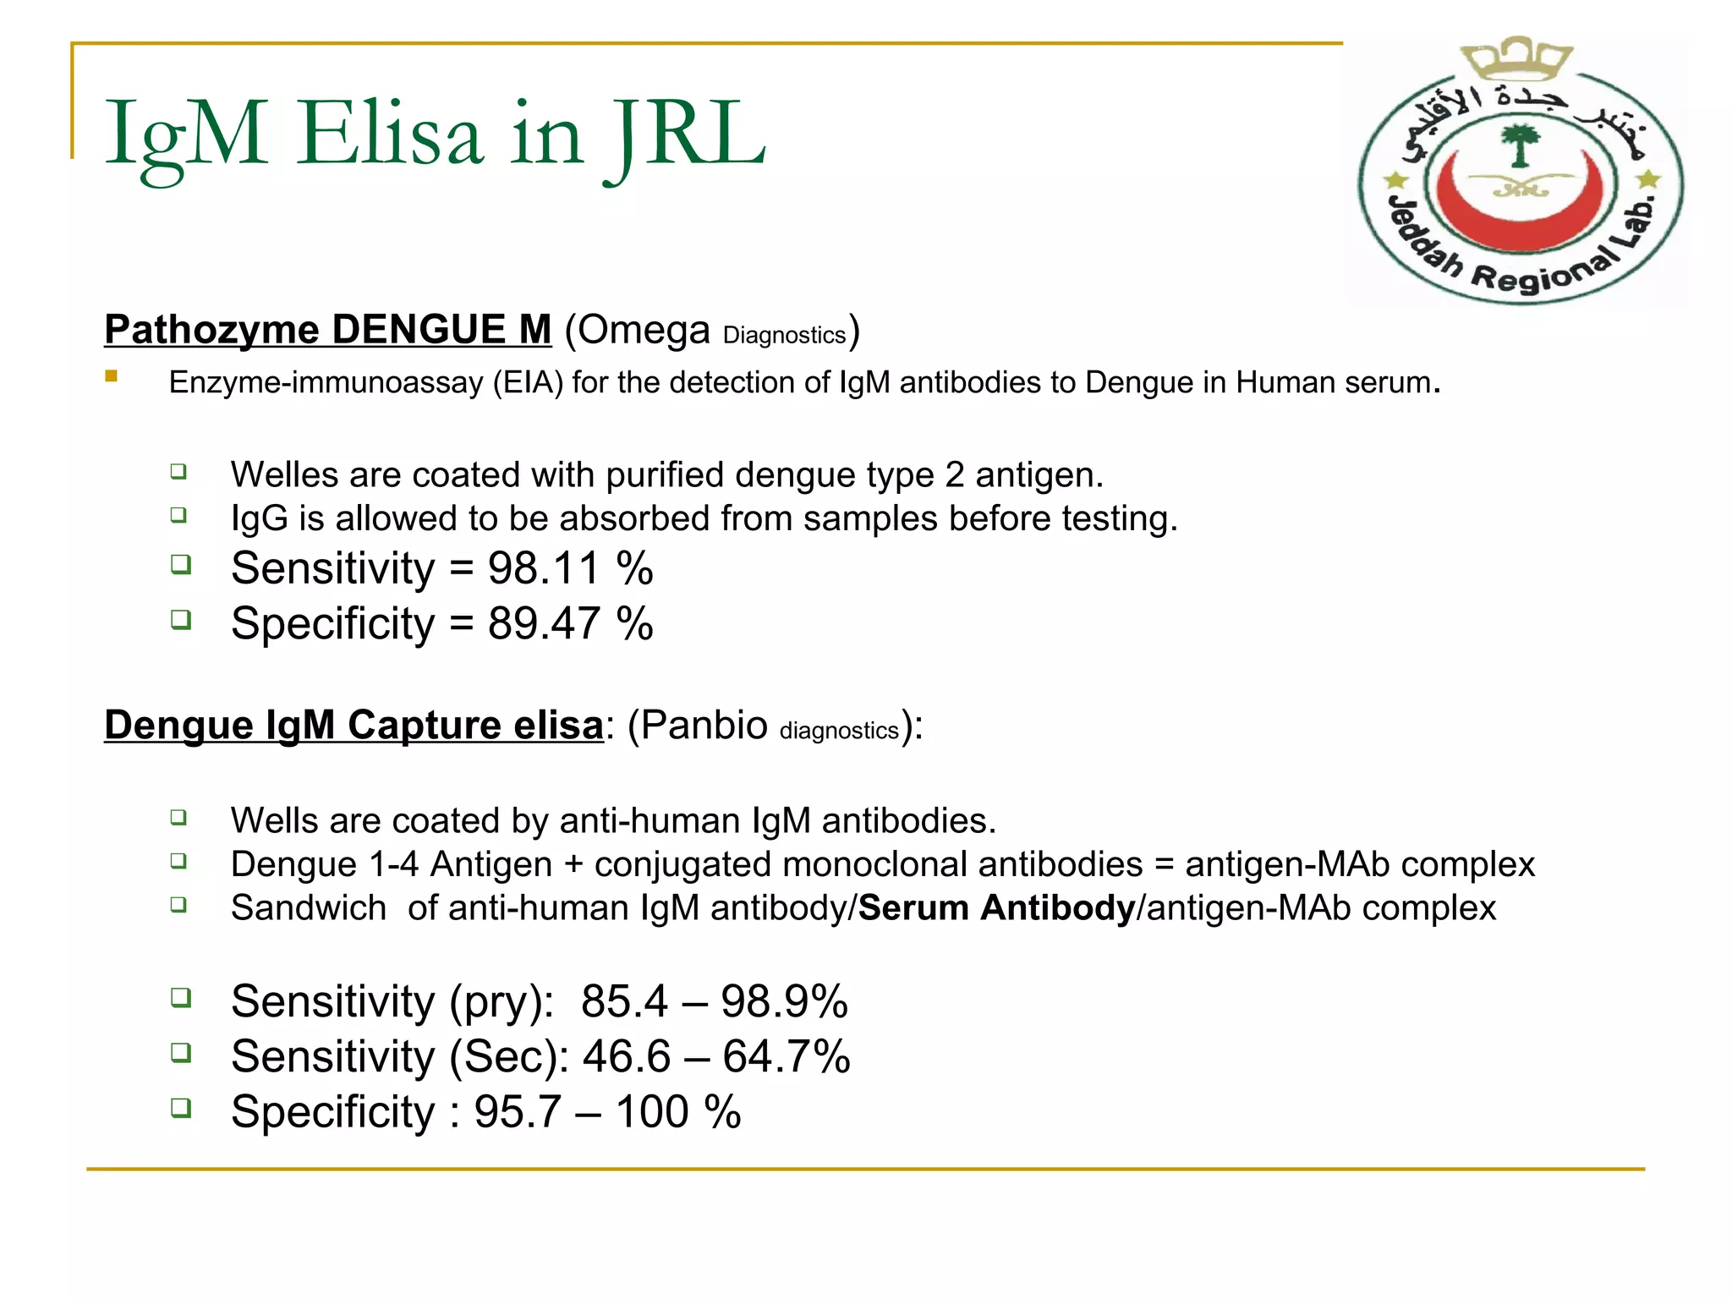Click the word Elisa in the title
(x=390, y=134)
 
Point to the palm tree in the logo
(x=1520, y=145)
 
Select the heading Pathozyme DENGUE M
(x=327, y=330)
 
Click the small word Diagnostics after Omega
(x=784, y=336)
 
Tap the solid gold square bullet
(x=111, y=376)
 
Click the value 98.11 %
(x=570, y=567)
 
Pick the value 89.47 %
(x=570, y=623)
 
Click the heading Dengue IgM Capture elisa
(x=354, y=725)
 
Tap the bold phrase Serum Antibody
(x=996, y=907)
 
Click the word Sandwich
(x=309, y=907)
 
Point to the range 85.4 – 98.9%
(x=714, y=1001)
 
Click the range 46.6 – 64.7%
(x=715, y=1056)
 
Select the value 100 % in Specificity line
(x=677, y=1111)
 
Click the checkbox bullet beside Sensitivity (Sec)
(x=180, y=1053)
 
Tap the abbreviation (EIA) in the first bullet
(x=529, y=382)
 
